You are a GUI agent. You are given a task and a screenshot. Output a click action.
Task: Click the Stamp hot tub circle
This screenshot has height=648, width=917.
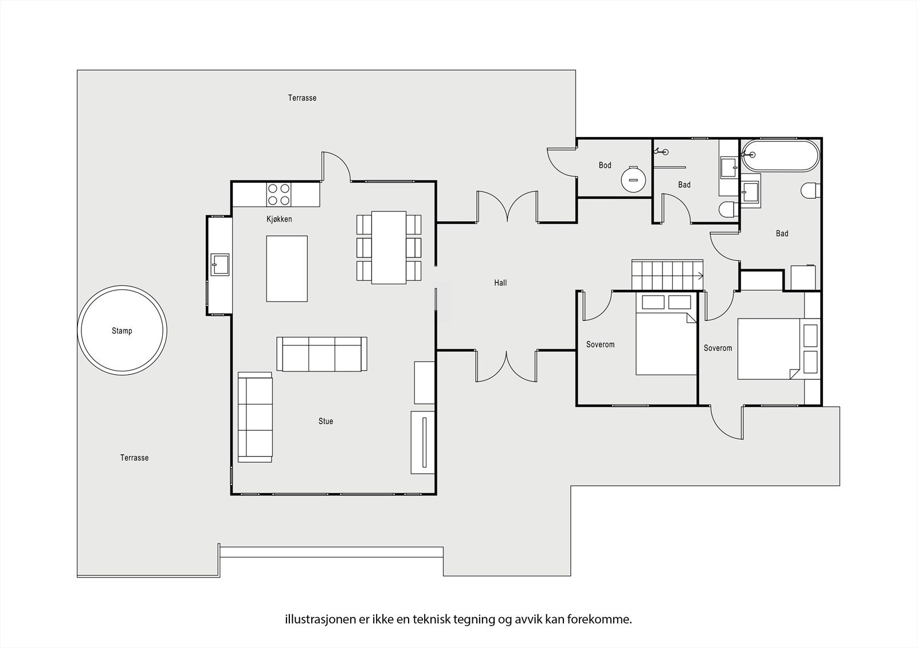[x=78, y=331]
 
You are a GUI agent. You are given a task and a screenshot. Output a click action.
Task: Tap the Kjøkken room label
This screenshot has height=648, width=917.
[x=279, y=219]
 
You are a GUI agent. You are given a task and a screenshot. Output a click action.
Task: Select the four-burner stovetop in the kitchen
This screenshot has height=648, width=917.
[x=279, y=194]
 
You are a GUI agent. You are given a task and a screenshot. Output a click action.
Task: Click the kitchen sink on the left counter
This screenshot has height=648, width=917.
[x=220, y=265]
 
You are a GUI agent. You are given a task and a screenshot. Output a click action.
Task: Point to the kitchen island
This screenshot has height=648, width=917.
[x=287, y=269]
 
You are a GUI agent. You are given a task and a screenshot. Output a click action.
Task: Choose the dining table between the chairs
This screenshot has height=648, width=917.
[x=389, y=248]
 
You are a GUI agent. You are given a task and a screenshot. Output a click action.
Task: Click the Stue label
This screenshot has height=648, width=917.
[x=326, y=421]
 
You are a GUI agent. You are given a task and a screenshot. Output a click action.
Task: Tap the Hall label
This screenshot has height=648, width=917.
[x=500, y=282]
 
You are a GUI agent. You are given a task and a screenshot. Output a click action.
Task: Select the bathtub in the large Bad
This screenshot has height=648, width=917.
[x=780, y=155]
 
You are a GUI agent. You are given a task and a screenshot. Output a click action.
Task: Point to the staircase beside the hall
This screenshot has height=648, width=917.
[x=667, y=275]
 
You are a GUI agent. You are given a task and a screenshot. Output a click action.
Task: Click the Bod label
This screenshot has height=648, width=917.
[x=605, y=165]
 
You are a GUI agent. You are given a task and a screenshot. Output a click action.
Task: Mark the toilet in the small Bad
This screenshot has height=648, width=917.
[x=728, y=209]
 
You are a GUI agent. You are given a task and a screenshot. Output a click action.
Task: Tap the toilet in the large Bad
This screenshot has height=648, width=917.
[x=811, y=190]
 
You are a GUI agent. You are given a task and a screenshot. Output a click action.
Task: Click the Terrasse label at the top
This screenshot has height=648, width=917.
[x=302, y=98]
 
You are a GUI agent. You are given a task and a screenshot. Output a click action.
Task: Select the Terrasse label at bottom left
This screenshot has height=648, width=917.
[x=134, y=458]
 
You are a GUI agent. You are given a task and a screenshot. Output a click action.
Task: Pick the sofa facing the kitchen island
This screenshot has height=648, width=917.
[x=322, y=354]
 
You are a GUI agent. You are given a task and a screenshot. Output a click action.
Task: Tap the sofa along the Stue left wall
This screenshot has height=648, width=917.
[x=255, y=417]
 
